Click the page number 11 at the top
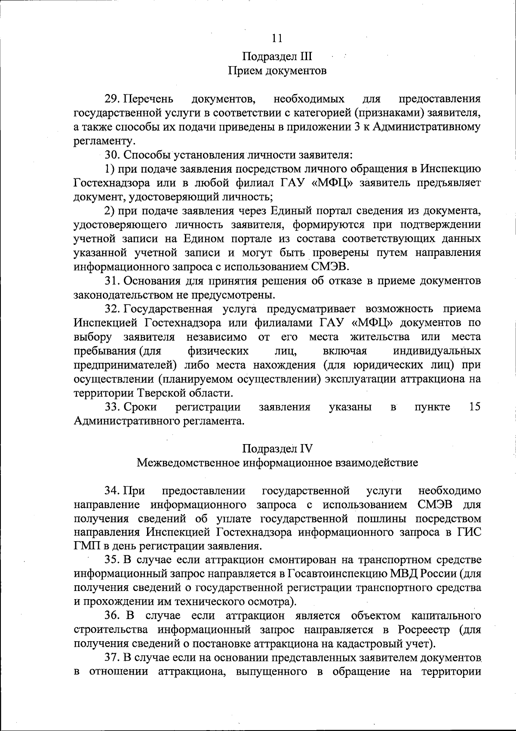pyautogui.click(x=277, y=38)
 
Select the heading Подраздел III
pyautogui.click(x=277, y=57)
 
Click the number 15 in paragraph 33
pyautogui.click(x=474, y=407)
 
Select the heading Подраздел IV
pyautogui.click(x=277, y=449)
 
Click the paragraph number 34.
pyautogui.click(x=112, y=490)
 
